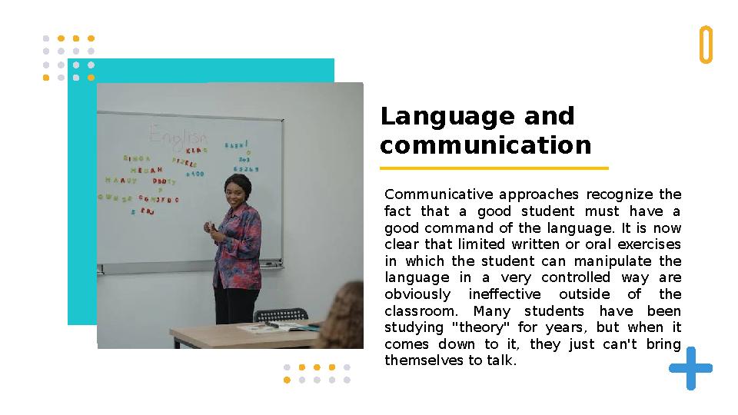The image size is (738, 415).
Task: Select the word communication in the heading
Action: point(486,145)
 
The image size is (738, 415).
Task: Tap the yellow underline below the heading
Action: point(494,168)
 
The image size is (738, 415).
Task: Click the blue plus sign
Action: point(690,368)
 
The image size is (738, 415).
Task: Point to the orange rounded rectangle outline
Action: point(706,45)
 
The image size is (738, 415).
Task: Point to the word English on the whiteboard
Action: point(178,136)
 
